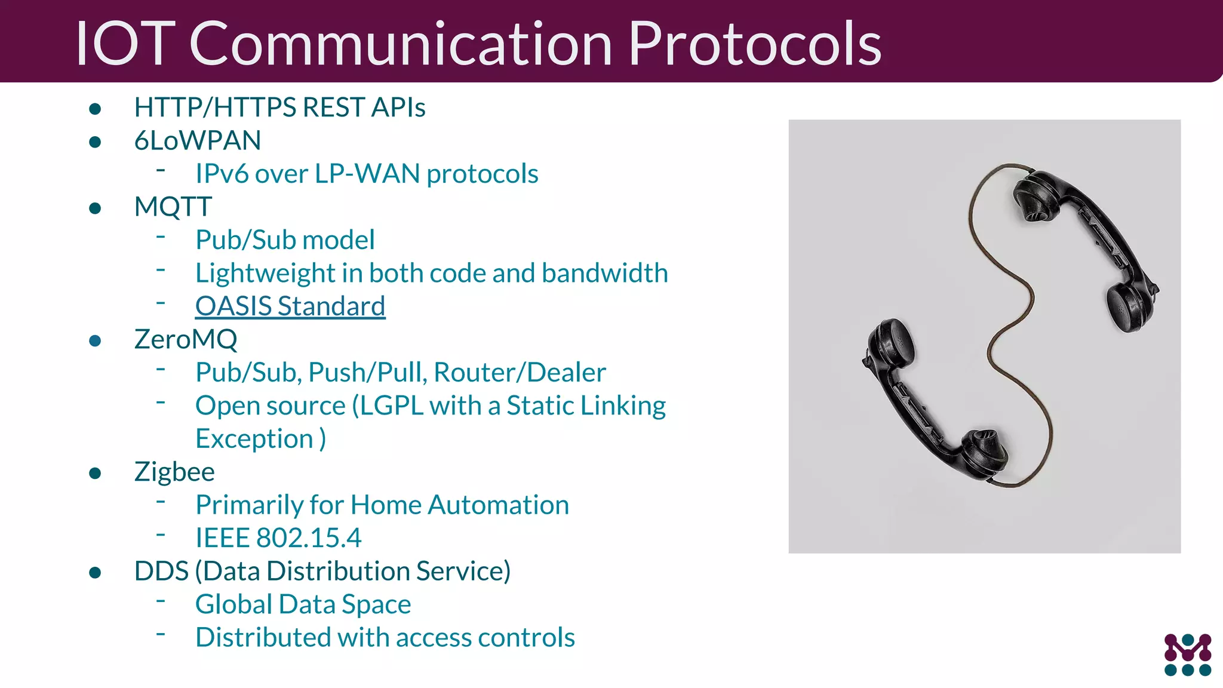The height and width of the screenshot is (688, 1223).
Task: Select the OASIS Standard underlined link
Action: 290,306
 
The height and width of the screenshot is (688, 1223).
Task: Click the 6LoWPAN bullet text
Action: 198,141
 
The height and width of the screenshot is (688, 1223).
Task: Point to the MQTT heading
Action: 173,207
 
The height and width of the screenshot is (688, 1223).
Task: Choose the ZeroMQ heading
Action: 186,340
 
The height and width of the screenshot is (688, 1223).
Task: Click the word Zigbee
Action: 174,472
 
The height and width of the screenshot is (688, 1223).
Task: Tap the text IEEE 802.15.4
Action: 278,538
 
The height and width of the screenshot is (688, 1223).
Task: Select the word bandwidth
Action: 605,274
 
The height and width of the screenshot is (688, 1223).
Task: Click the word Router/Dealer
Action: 520,373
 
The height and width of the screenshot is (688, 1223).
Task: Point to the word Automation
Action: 499,505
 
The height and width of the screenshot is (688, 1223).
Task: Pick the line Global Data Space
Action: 303,604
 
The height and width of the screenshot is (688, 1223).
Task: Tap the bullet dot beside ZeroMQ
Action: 95,341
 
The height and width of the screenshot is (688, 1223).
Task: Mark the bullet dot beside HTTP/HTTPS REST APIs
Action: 95,109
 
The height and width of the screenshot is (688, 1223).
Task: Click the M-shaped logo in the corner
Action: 1187,655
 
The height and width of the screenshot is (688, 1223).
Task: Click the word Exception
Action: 254,439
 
